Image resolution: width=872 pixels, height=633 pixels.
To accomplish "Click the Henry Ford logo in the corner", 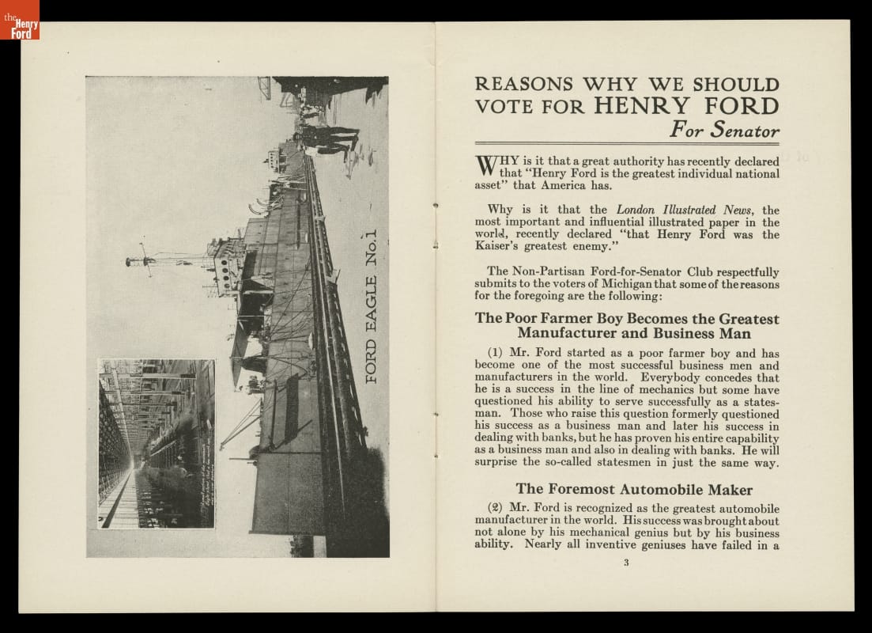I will (20, 21).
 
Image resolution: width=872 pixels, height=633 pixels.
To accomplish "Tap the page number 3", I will (625, 563).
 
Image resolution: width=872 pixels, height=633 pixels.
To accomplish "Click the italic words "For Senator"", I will (724, 129).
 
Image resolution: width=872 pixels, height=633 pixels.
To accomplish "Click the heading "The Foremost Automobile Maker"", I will (634, 489).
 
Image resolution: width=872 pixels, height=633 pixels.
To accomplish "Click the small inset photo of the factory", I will (157, 443).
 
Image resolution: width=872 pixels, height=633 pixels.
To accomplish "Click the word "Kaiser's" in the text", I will (498, 246).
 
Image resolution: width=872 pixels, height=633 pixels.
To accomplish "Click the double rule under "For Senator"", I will (627, 144).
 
